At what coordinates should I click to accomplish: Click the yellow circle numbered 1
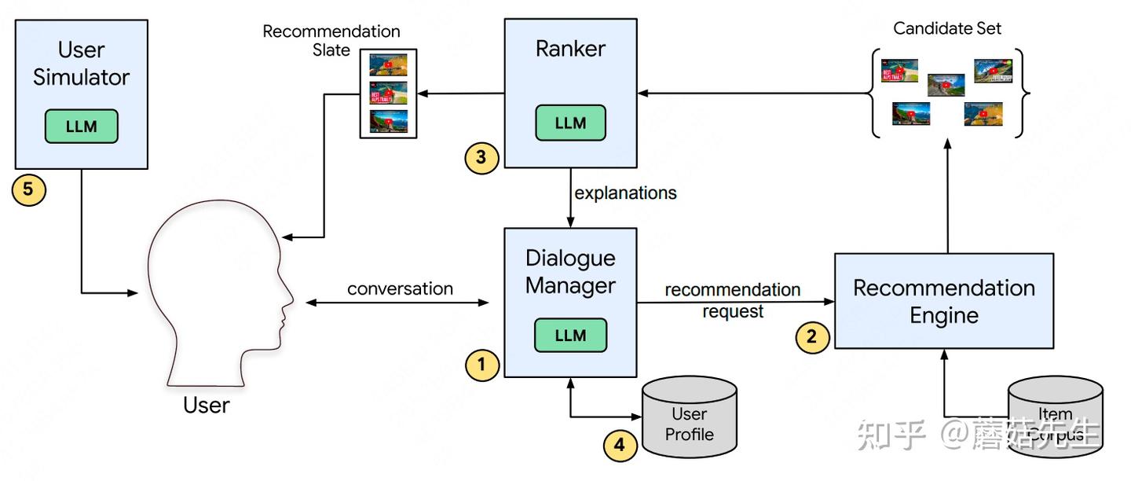pyautogui.click(x=482, y=365)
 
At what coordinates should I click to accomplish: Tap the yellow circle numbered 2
pyautogui.click(x=812, y=337)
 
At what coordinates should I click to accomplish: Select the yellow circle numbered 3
pyautogui.click(x=481, y=157)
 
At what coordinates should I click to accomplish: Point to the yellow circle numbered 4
pyautogui.click(x=620, y=445)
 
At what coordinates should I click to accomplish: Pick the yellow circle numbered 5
pyautogui.click(x=29, y=189)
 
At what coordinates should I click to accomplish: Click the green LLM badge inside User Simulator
pyautogui.click(x=81, y=127)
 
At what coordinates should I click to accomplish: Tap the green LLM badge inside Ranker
pyautogui.click(x=570, y=123)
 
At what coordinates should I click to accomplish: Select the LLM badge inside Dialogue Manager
pyautogui.click(x=570, y=335)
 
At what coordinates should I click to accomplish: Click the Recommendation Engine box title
pyautogui.click(x=944, y=302)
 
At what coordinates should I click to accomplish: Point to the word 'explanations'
pyautogui.click(x=625, y=193)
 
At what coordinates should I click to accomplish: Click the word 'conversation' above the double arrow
pyautogui.click(x=400, y=288)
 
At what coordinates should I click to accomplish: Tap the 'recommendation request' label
pyautogui.click(x=732, y=300)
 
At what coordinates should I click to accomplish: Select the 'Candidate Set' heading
pyautogui.click(x=947, y=29)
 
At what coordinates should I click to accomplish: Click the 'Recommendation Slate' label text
pyautogui.click(x=331, y=40)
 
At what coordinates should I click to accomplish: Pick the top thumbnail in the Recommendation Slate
pyautogui.click(x=388, y=64)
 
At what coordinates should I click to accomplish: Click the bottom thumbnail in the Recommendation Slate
pyautogui.click(x=388, y=121)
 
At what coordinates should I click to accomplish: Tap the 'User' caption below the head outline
pyautogui.click(x=207, y=406)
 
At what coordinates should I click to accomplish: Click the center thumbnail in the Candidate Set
pyautogui.click(x=946, y=85)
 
